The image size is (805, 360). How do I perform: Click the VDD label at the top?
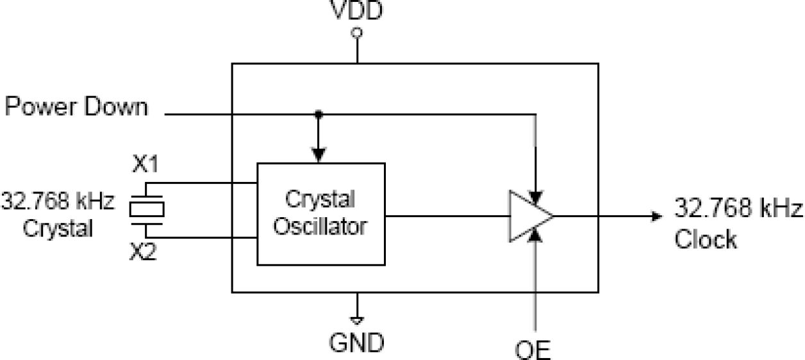tap(357, 11)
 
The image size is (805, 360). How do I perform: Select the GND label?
tap(357, 343)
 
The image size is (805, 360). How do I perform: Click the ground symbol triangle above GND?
tap(357, 317)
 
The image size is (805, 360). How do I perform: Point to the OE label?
tap(534, 351)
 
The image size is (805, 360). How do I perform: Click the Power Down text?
tap(76, 107)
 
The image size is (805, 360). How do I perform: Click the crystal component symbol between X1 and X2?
tap(147, 209)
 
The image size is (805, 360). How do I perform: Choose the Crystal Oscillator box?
tap(320, 213)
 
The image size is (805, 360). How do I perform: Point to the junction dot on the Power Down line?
tap(317, 115)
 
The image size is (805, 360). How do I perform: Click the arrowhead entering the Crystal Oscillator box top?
tap(317, 156)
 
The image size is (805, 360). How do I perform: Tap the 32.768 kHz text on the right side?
tap(737, 208)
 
